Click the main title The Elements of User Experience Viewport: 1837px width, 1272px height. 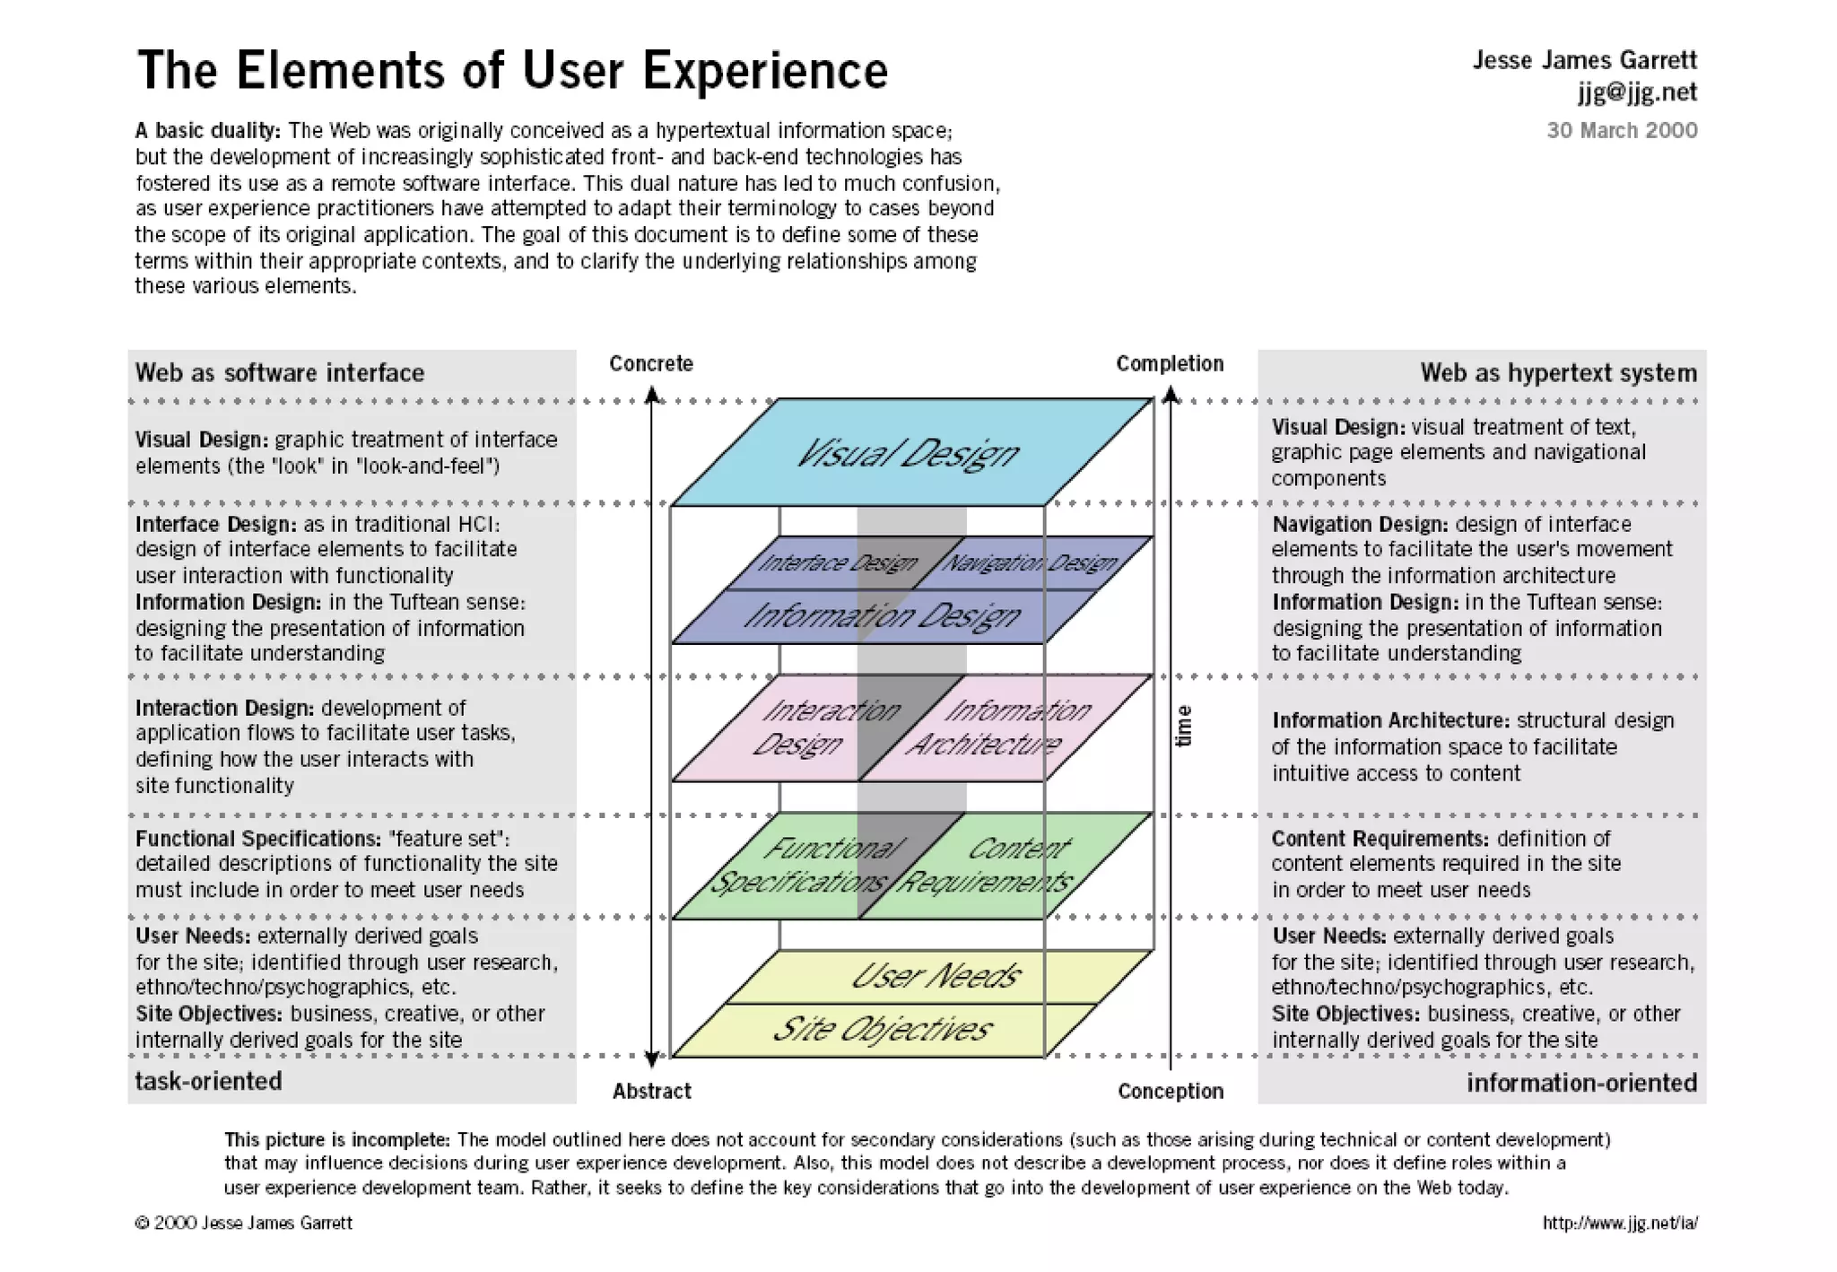pyautogui.click(x=511, y=70)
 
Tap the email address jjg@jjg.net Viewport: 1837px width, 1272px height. pyautogui.click(x=1637, y=92)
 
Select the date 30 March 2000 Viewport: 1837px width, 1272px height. pyautogui.click(x=1622, y=130)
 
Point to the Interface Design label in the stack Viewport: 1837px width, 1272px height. pyautogui.click(x=837, y=562)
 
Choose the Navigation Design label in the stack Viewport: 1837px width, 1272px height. pyautogui.click(x=1030, y=562)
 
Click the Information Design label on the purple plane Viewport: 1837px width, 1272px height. pyautogui.click(x=882, y=615)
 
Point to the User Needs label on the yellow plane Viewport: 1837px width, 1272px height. pyautogui.click(x=935, y=976)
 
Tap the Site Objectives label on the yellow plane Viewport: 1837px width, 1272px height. pyautogui.click(x=882, y=1029)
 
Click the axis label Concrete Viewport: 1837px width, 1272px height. pyautogui.click(x=651, y=363)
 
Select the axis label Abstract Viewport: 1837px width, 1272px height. pyautogui.click(x=651, y=1091)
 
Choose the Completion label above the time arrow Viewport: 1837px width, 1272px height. pyautogui.click(x=1170, y=363)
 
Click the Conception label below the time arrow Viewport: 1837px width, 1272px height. pyautogui.click(x=1171, y=1091)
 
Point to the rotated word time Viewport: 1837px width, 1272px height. pyautogui.click(x=1184, y=726)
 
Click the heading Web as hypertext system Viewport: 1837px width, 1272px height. pyautogui.click(x=1558, y=373)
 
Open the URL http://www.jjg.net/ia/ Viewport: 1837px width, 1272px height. pyautogui.click(x=1620, y=1223)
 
